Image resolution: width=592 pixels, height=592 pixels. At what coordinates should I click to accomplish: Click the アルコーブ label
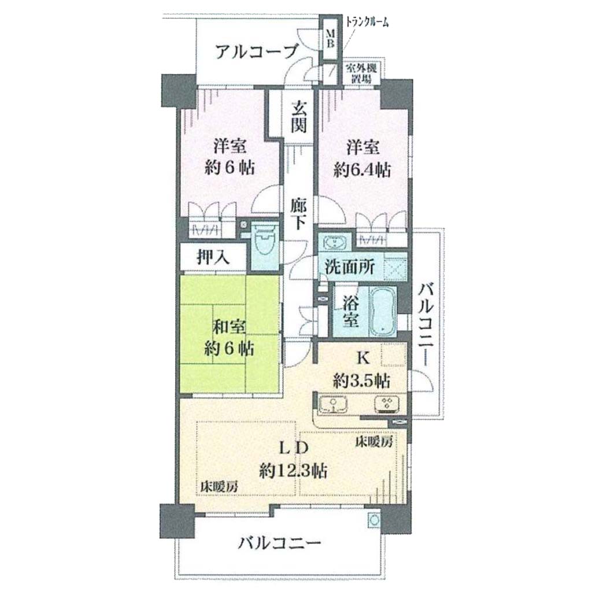coord(257,51)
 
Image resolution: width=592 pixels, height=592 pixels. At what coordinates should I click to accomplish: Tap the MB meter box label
coord(330,38)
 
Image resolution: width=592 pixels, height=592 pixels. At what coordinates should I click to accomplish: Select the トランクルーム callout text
coord(367,23)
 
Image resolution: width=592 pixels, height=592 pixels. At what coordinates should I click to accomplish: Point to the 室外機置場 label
coord(361,74)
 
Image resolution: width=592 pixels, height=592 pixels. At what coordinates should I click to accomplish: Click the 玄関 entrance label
coord(298,117)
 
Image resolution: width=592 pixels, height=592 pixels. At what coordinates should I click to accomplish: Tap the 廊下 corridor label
coord(298,213)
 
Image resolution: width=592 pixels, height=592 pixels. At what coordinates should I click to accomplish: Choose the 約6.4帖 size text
coord(362,171)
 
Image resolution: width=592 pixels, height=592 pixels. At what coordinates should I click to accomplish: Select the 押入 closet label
coord(213,258)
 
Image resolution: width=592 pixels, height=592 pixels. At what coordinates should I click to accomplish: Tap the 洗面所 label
coord(349,267)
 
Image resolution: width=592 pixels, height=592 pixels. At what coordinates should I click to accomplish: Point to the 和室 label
coord(229,327)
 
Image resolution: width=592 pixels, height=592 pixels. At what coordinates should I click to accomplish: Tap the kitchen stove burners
coord(386,404)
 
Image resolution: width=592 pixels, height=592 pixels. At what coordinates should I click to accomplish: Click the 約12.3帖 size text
coord(293,471)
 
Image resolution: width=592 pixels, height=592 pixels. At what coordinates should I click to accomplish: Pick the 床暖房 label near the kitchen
coord(374,441)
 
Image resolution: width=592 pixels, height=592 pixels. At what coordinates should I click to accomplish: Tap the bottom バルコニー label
coord(279,543)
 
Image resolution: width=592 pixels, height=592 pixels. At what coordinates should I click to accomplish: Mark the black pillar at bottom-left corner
coord(177,521)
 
